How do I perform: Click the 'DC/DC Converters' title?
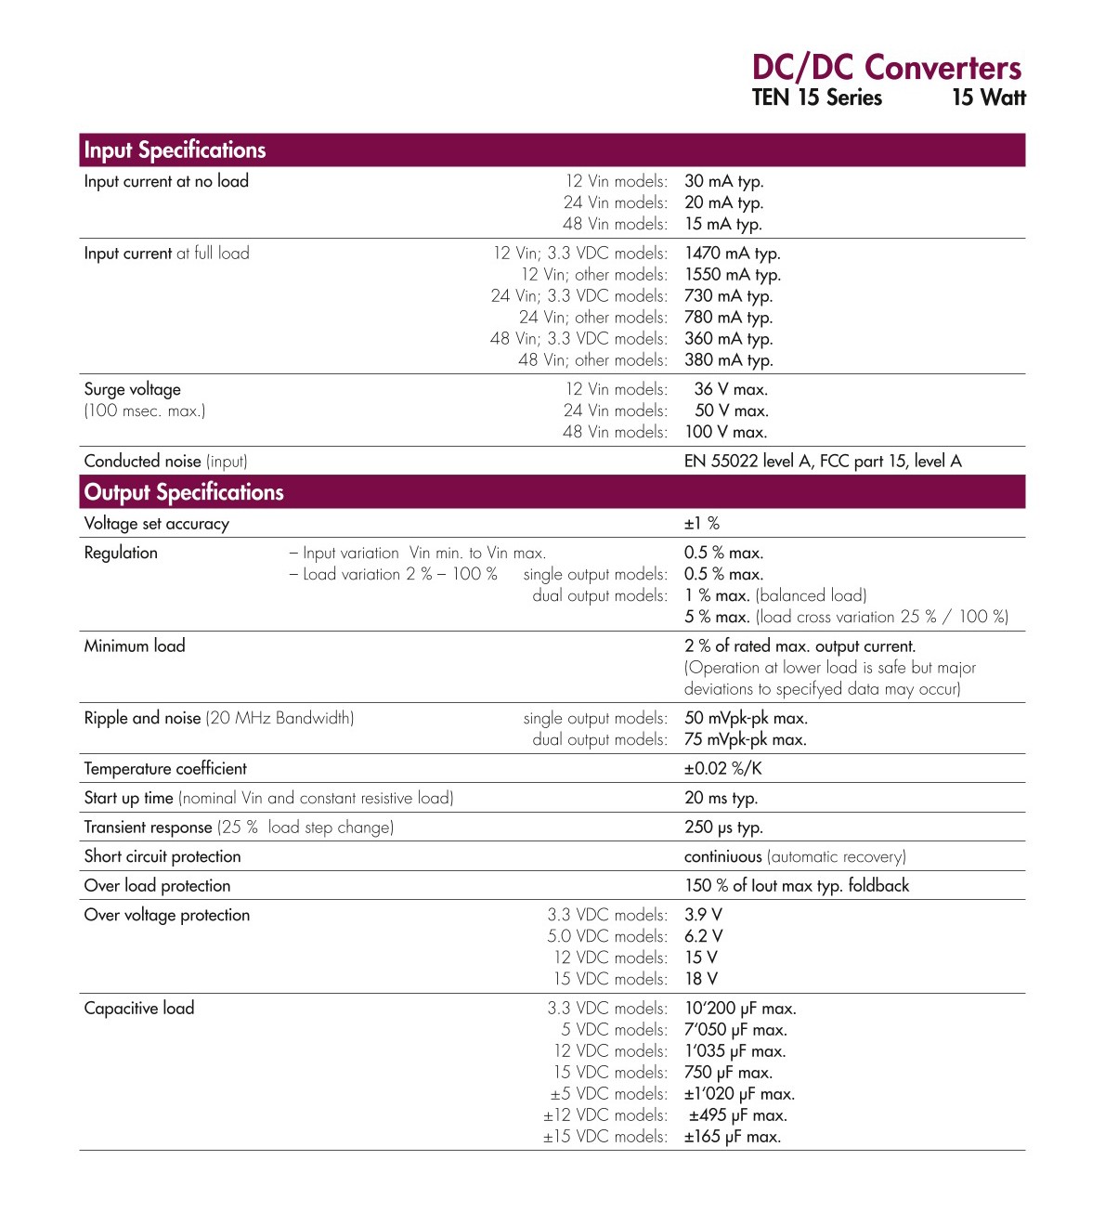[886, 68]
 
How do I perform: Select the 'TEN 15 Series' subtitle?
[816, 98]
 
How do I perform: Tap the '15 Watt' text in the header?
[988, 98]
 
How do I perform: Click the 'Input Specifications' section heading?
[175, 150]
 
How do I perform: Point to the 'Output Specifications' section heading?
[184, 492]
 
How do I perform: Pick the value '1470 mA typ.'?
[732, 253]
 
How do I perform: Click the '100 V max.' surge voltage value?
[725, 432]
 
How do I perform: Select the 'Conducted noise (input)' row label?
[165, 461]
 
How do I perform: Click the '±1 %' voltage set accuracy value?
[702, 524]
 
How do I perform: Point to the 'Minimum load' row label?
[135, 646]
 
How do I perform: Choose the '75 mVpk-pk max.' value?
[745, 739]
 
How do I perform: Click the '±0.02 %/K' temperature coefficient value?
[722, 769]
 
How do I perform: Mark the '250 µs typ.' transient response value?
[723, 828]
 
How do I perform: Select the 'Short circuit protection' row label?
[162, 856]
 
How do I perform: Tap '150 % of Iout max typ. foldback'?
[797, 886]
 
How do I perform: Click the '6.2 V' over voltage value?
[703, 936]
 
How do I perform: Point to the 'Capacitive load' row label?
[139, 1009]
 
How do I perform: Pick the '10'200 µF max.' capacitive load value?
[740, 1009]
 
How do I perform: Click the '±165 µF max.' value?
[732, 1137]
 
